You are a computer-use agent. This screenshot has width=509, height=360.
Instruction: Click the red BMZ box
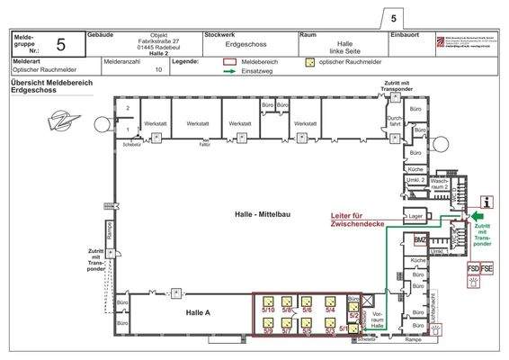[420, 240]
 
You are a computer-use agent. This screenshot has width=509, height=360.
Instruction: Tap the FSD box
[472, 268]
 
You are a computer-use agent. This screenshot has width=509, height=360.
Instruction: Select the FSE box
[487, 268]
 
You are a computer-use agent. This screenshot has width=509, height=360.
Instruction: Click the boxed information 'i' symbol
[487, 202]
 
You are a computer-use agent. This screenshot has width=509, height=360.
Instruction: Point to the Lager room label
[415, 218]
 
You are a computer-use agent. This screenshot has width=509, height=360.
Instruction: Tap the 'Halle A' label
[198, 311]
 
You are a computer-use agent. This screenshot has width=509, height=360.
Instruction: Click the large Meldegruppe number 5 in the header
[60, 42]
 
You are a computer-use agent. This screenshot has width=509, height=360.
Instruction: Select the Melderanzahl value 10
[158, 68]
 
